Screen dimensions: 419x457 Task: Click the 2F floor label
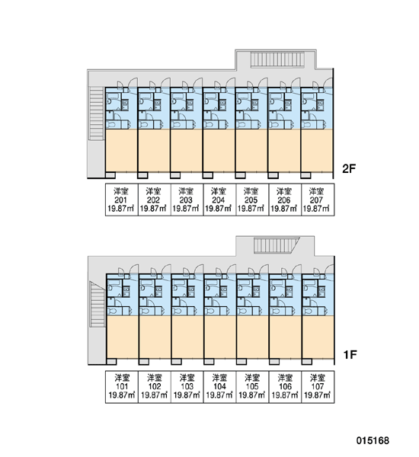coord(349,168)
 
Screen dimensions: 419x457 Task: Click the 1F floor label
coord(350,355)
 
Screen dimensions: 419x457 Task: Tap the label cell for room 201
coord(122,200)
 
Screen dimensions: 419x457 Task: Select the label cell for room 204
coord(219,200)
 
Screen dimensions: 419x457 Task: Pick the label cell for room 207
coord(317,200)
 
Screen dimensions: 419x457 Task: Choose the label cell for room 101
coord(122,387)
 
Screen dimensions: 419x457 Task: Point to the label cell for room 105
coord(252,387)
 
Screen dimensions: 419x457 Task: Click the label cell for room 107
coord(318,387)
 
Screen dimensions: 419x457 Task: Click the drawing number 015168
coord(373,440)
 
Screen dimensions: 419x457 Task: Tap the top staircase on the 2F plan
coord(277,59)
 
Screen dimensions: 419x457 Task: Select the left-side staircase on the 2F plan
coord(97,113)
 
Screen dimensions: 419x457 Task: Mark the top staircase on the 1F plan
coord(276,245)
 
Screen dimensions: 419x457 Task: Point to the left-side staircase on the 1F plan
coord(97,304)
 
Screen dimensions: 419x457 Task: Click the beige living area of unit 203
coord(187,150)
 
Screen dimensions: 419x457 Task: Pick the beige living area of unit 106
coord(285,337)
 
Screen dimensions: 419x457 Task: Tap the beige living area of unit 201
coord(121,150)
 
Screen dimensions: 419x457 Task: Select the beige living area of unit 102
coord(155,337)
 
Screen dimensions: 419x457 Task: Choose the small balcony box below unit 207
coord(305,175)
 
